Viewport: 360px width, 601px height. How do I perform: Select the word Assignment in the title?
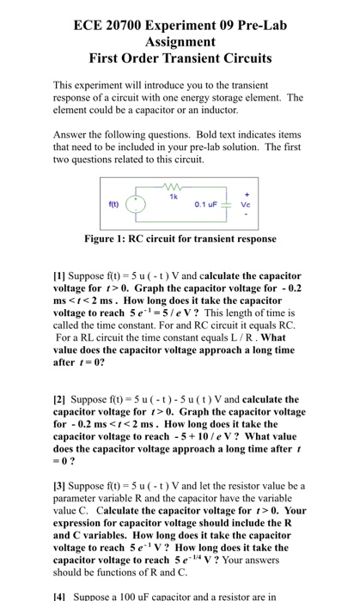point(180,40)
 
